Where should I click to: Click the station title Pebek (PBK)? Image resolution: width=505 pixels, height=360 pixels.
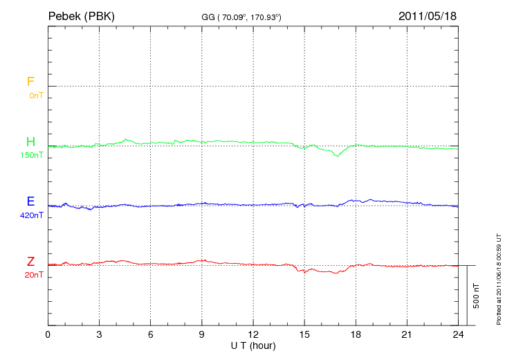[x=82, y=15]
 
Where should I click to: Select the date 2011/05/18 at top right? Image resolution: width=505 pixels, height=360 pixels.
[x=428, y=15]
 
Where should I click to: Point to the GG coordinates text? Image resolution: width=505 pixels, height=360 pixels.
[x=241, y=17]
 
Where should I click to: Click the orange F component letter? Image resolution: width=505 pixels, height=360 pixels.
[x=30, y=82]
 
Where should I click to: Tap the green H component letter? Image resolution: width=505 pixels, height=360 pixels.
[x=30, y=143]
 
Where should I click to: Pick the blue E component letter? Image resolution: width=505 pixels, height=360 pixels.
[x=30, y=202]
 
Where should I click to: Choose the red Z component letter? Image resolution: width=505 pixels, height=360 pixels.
[x=30, y=262]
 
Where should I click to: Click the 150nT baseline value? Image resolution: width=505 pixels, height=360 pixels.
[x=32, y=155]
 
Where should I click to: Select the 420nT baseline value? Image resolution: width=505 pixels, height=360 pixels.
[x=32, y=215]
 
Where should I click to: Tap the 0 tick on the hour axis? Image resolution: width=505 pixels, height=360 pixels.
[x=48, y=334]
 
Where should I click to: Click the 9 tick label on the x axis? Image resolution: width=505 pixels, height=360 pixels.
[x=202, y=334]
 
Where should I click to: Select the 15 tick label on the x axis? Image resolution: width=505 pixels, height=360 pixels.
[x=304, y=334]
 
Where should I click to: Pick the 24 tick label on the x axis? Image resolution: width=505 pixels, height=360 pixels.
[x=458, y=334]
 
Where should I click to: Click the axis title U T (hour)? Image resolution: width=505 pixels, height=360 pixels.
[x=253, y=345]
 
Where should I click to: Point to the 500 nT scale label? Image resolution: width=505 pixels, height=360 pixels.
[x=476, y=296]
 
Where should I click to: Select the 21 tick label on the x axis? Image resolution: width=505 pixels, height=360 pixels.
[x=407, y=334]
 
